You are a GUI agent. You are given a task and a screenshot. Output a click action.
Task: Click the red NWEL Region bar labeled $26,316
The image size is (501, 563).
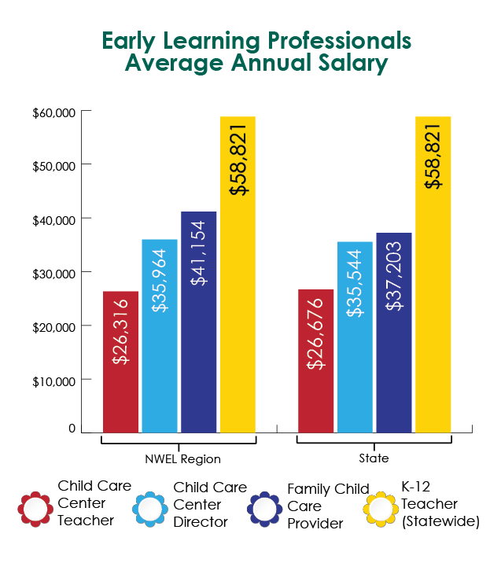pos(120,362)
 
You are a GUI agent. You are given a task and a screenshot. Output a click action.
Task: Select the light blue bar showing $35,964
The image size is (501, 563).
pos(160,336)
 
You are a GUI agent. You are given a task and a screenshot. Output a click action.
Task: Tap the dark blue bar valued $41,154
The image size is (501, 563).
pos(199,322)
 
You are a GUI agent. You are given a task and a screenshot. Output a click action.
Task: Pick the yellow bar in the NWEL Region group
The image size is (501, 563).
pos(238,274)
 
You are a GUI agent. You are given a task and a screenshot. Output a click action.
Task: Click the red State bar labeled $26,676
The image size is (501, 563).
pos(315,361)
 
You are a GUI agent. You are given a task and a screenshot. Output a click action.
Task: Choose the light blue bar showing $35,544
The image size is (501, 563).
pos(355,337)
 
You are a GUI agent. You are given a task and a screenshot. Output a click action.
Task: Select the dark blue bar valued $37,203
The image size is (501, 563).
pos(394,333)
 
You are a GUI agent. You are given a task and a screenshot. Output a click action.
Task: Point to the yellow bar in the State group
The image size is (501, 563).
pos(433,274)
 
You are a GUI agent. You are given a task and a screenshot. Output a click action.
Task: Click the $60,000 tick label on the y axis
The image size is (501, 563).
pos(53,112)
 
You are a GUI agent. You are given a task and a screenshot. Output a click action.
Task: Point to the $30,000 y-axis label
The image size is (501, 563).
pos(53,274)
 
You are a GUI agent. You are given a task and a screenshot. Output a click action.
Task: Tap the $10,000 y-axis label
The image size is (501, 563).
pos(53,381)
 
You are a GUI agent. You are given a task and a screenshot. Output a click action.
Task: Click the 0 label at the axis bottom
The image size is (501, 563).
pos(72,428)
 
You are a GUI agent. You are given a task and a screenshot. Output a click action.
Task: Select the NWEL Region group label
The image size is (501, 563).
pos(182,459)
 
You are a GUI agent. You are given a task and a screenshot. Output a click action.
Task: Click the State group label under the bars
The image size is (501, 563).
pos(374,458)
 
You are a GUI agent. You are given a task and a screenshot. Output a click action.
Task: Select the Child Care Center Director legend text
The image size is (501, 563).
pos(210,505)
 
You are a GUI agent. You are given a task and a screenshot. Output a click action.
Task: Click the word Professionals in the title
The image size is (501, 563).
pos(340,41)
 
